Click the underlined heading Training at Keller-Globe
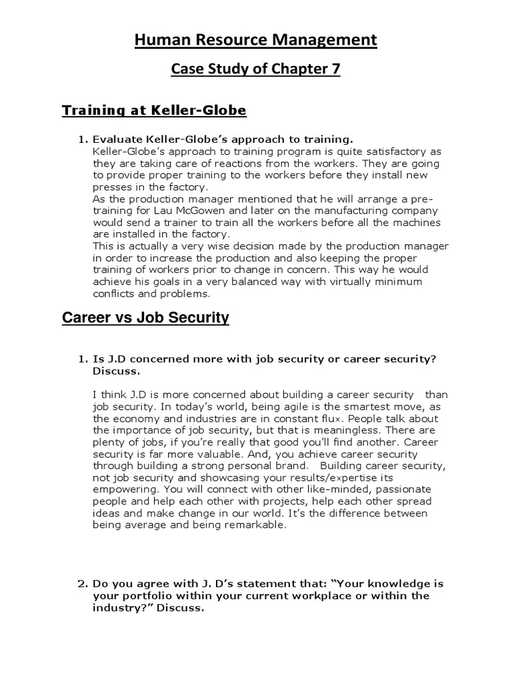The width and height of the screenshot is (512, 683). coord(154,110)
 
